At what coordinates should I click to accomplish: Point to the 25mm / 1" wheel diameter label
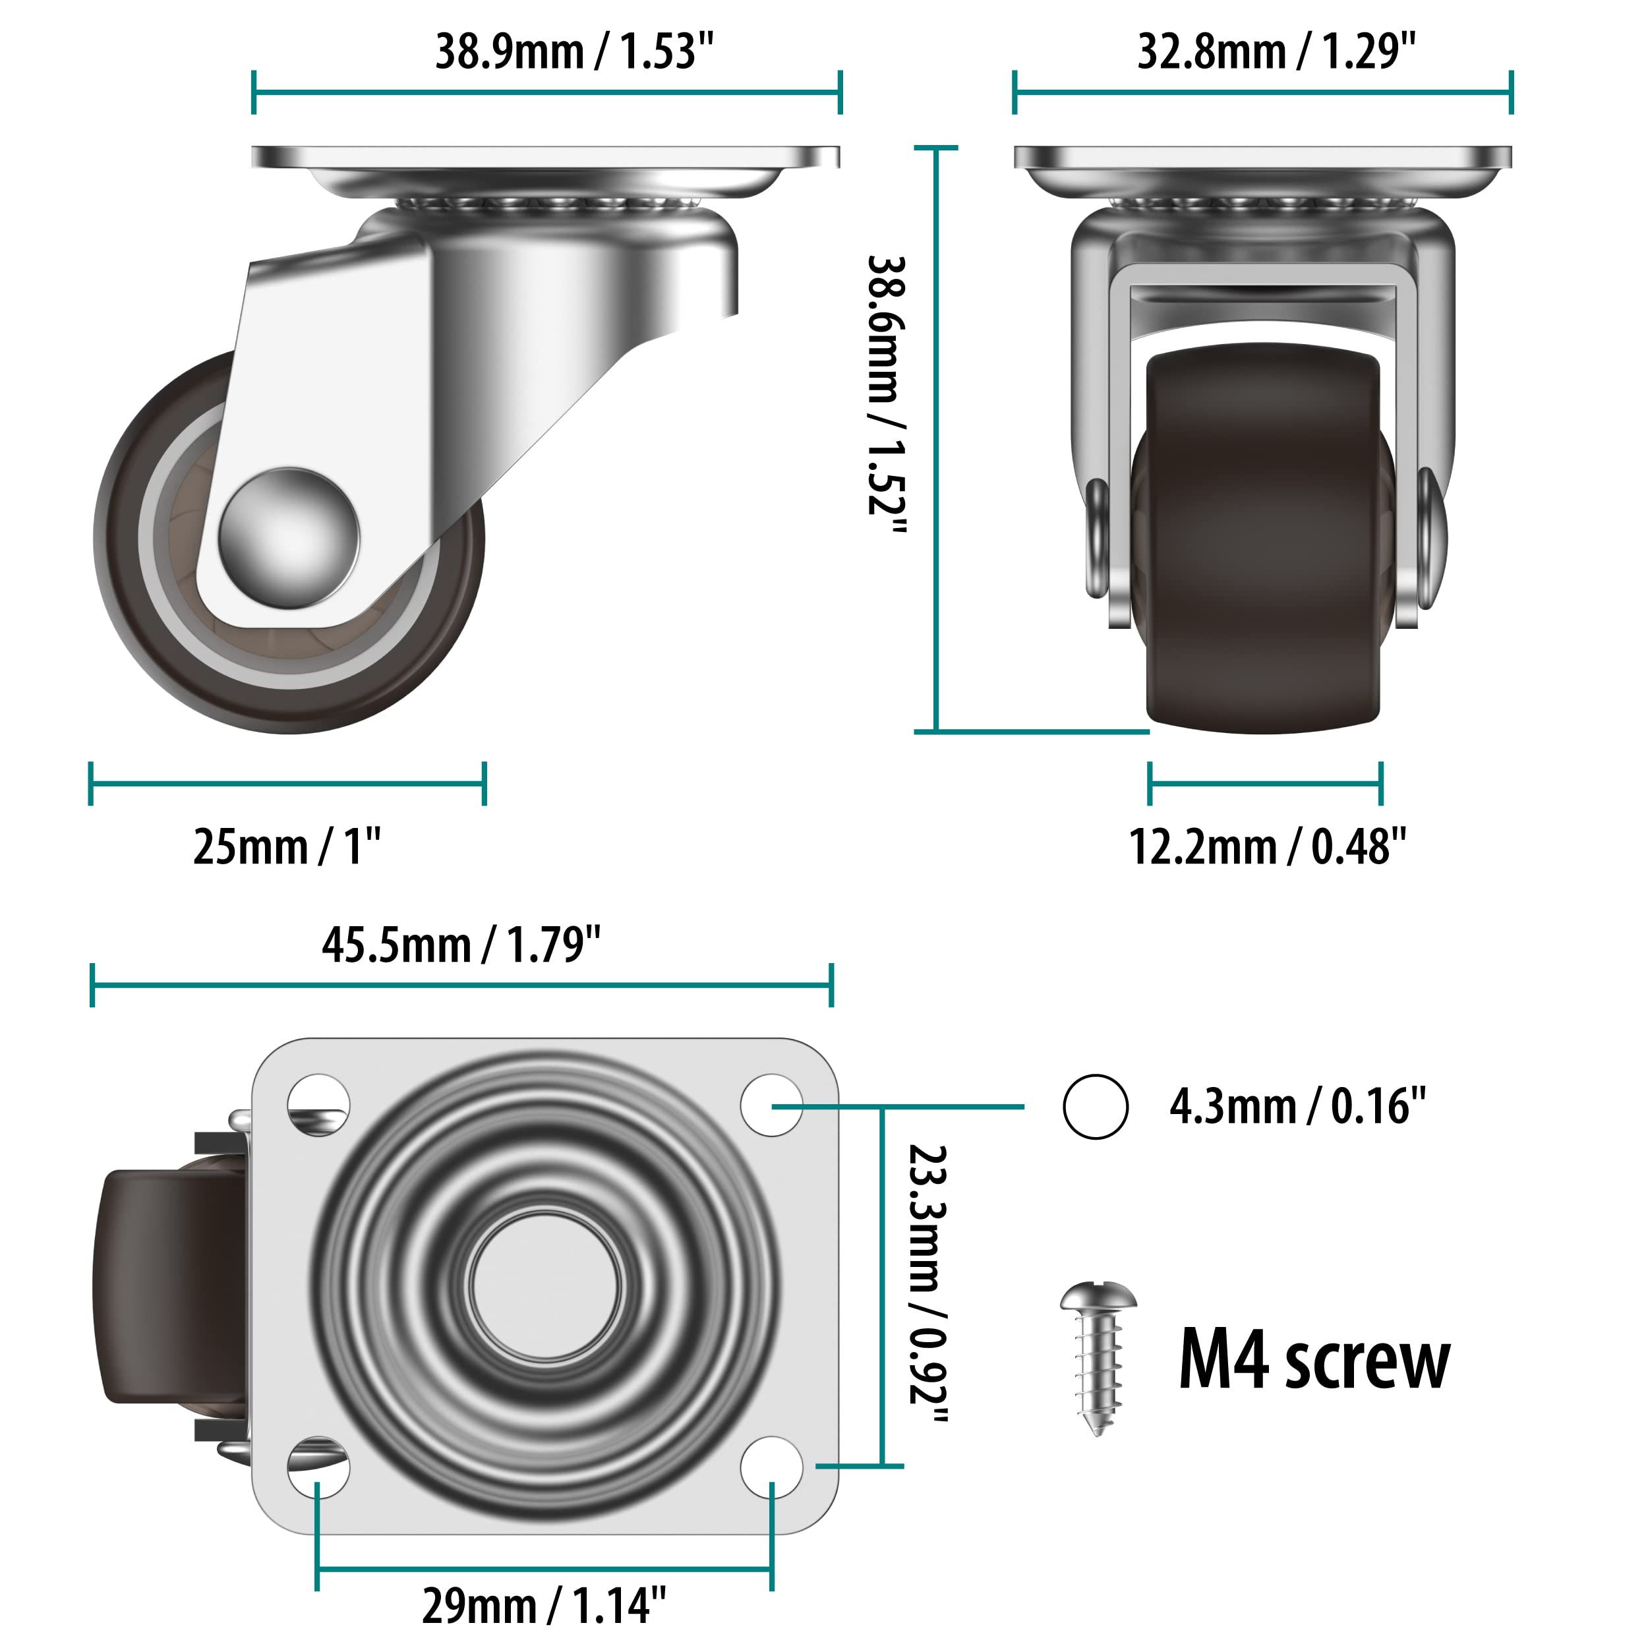tap(287, 847)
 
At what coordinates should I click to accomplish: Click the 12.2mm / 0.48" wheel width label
tap(1267, 847)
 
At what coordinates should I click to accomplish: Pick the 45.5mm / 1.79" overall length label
tap(461, 945)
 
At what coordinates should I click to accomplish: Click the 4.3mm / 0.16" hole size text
tap(1297, 1106)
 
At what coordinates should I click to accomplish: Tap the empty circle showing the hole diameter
tap(1095, 1106)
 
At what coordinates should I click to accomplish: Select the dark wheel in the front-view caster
tap(1263, 546)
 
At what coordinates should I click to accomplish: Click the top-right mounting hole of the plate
tap(771, 1105)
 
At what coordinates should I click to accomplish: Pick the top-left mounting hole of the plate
tap(318, 1105)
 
